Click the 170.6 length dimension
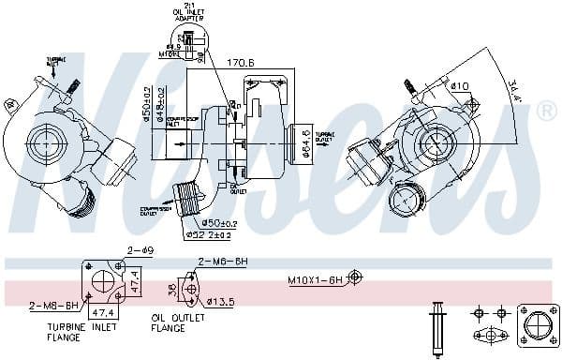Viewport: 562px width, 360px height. pyautogui.click(x=241, y=64)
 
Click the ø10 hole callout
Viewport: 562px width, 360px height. pyautogui.click(x=459, y=86)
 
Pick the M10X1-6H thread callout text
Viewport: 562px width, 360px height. pyautogui.click(x=315, y=279)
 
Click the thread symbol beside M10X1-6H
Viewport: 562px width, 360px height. pyautogui.click(x=355, y=277)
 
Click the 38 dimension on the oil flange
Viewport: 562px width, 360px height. pyautogui.click(x=170, y=289)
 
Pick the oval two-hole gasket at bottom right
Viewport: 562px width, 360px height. pyautogui.click(x=491, y=334)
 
